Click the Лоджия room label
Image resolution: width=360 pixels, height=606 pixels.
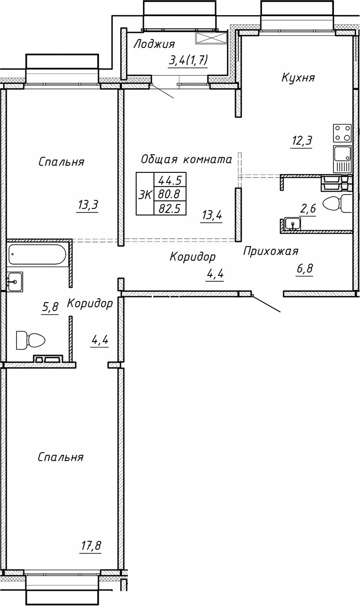[154, 44]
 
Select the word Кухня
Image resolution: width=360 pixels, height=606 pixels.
[298, 78]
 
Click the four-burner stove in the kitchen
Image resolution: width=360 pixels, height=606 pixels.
[342, 133]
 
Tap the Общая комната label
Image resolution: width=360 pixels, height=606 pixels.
[186, 159]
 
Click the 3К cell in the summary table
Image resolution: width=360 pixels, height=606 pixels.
[145, 194]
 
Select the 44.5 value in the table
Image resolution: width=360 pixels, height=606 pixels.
[169, 179]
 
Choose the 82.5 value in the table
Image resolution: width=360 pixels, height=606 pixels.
[169, 208]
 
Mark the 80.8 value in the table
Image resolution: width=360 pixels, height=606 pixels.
[169, 194]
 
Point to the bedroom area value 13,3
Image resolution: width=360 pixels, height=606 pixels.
[88, 205]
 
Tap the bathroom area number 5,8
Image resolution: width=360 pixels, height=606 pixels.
[50, 308]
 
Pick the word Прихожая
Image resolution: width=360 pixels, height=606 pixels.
[271, 251]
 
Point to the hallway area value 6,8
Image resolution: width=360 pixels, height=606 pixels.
[304, 269]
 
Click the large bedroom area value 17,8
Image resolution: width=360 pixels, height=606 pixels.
[90, 547]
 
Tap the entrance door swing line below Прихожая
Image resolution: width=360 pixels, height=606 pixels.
[266, 304]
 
